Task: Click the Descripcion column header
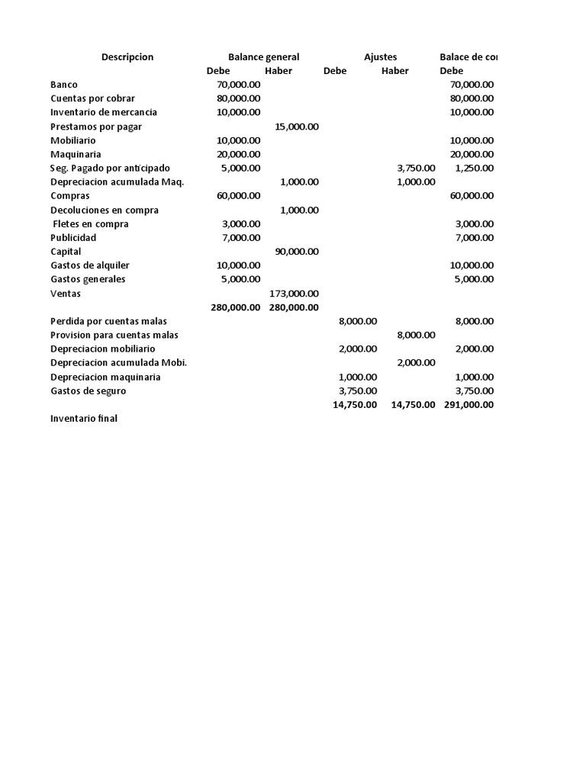pos(127,57)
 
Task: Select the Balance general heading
pos(263,57)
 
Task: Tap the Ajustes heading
pos(381,57)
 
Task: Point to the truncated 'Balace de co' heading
pos(469,57)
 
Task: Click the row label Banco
pos(64,85)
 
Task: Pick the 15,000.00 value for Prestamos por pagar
pos(297,127)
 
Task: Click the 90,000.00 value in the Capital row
pos(297,252)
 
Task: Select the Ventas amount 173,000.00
pos(294,294)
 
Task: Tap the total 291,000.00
pos(468,405)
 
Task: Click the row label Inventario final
pos(84,419)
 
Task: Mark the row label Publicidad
pos(73,238)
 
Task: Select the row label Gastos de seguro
pos(89,391)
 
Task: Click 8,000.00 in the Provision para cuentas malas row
pos(416,335)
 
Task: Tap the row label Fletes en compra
pos(91,224)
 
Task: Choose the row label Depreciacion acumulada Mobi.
pos(118,363)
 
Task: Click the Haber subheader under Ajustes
pos(394,71)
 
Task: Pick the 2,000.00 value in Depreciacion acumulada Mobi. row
pos(416,363)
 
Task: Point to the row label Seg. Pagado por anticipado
pos(111,168)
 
